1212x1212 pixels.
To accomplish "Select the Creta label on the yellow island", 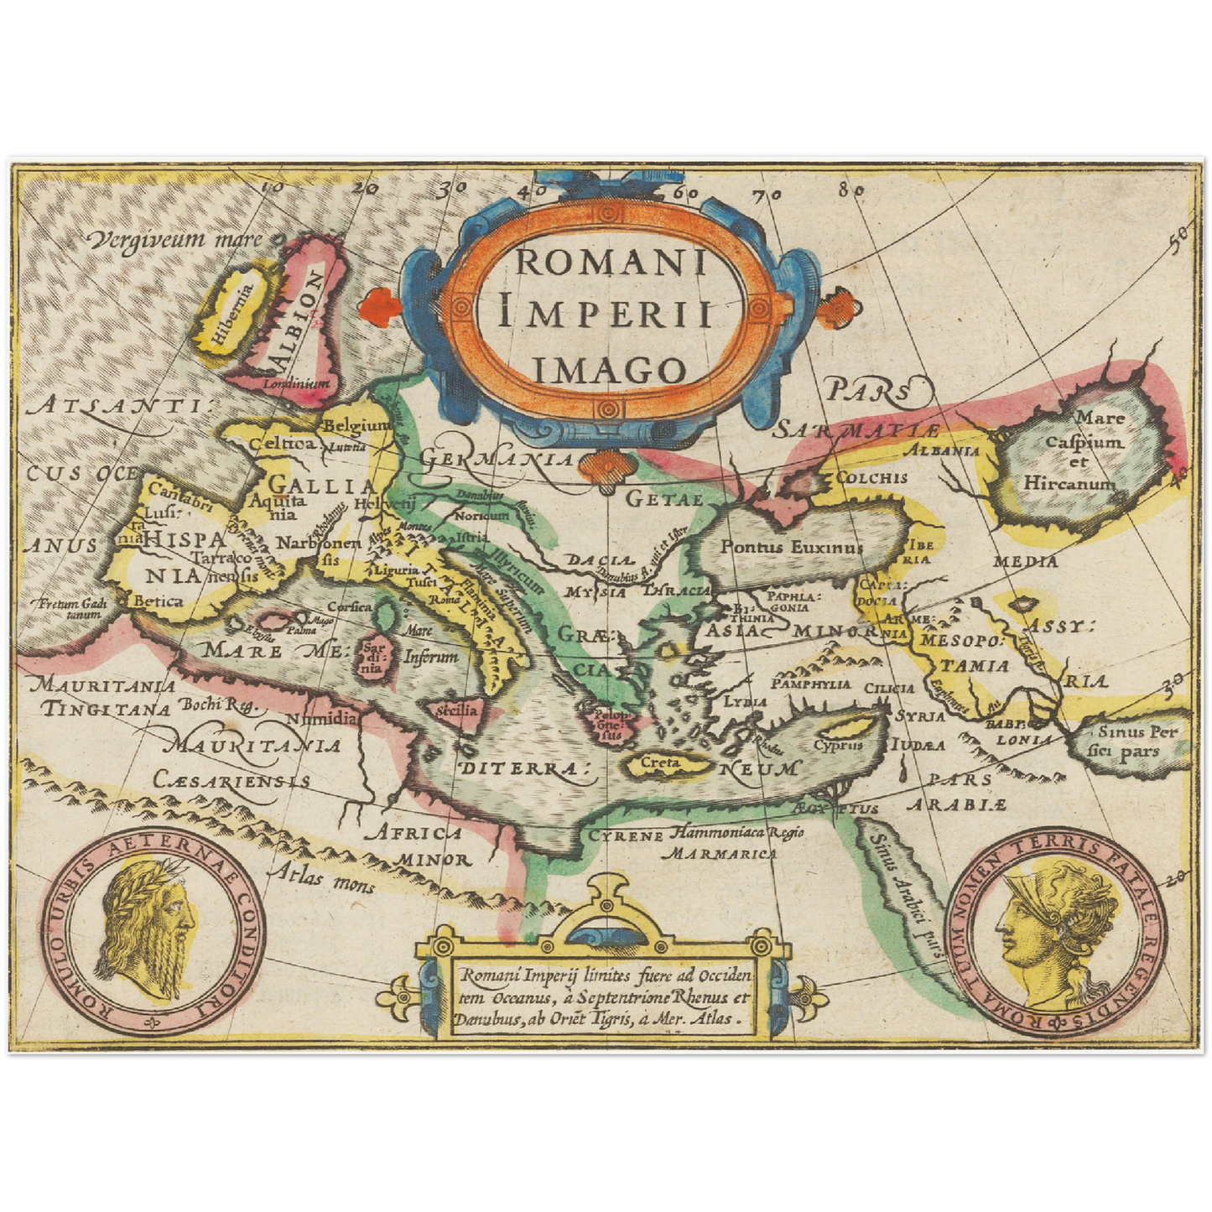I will tap(660, 763).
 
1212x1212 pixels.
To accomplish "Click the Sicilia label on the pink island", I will tap(457, 710).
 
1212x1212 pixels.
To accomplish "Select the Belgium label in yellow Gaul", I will tap(357, 425).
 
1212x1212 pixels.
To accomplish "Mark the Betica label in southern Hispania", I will tap(159, 601).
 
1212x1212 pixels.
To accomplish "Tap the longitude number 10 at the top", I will tap(273, 189).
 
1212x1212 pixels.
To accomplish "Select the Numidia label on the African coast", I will tap(323, 719).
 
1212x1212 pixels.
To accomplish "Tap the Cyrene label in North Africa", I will tap(626, 835).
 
